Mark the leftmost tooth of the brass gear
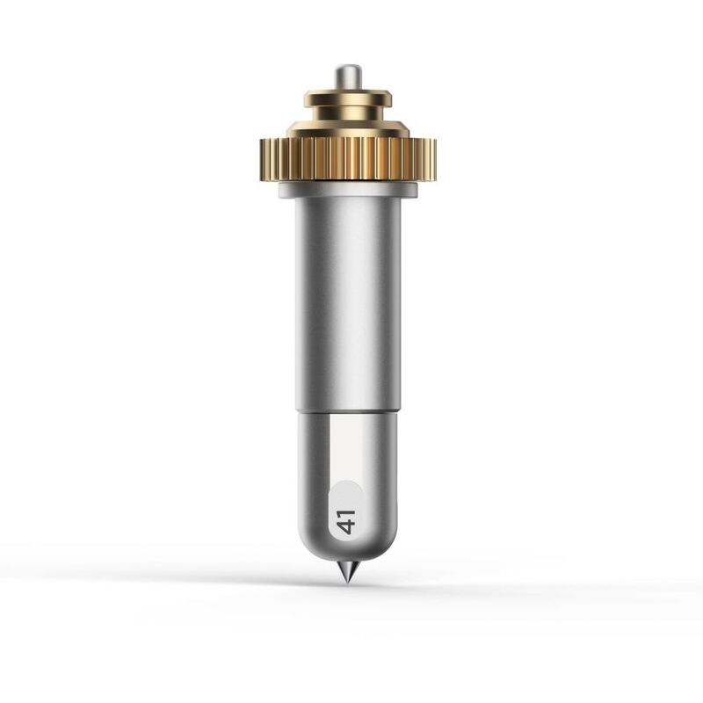point(264,159)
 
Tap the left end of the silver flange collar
point(284,188)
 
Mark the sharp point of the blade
point(348,583)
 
